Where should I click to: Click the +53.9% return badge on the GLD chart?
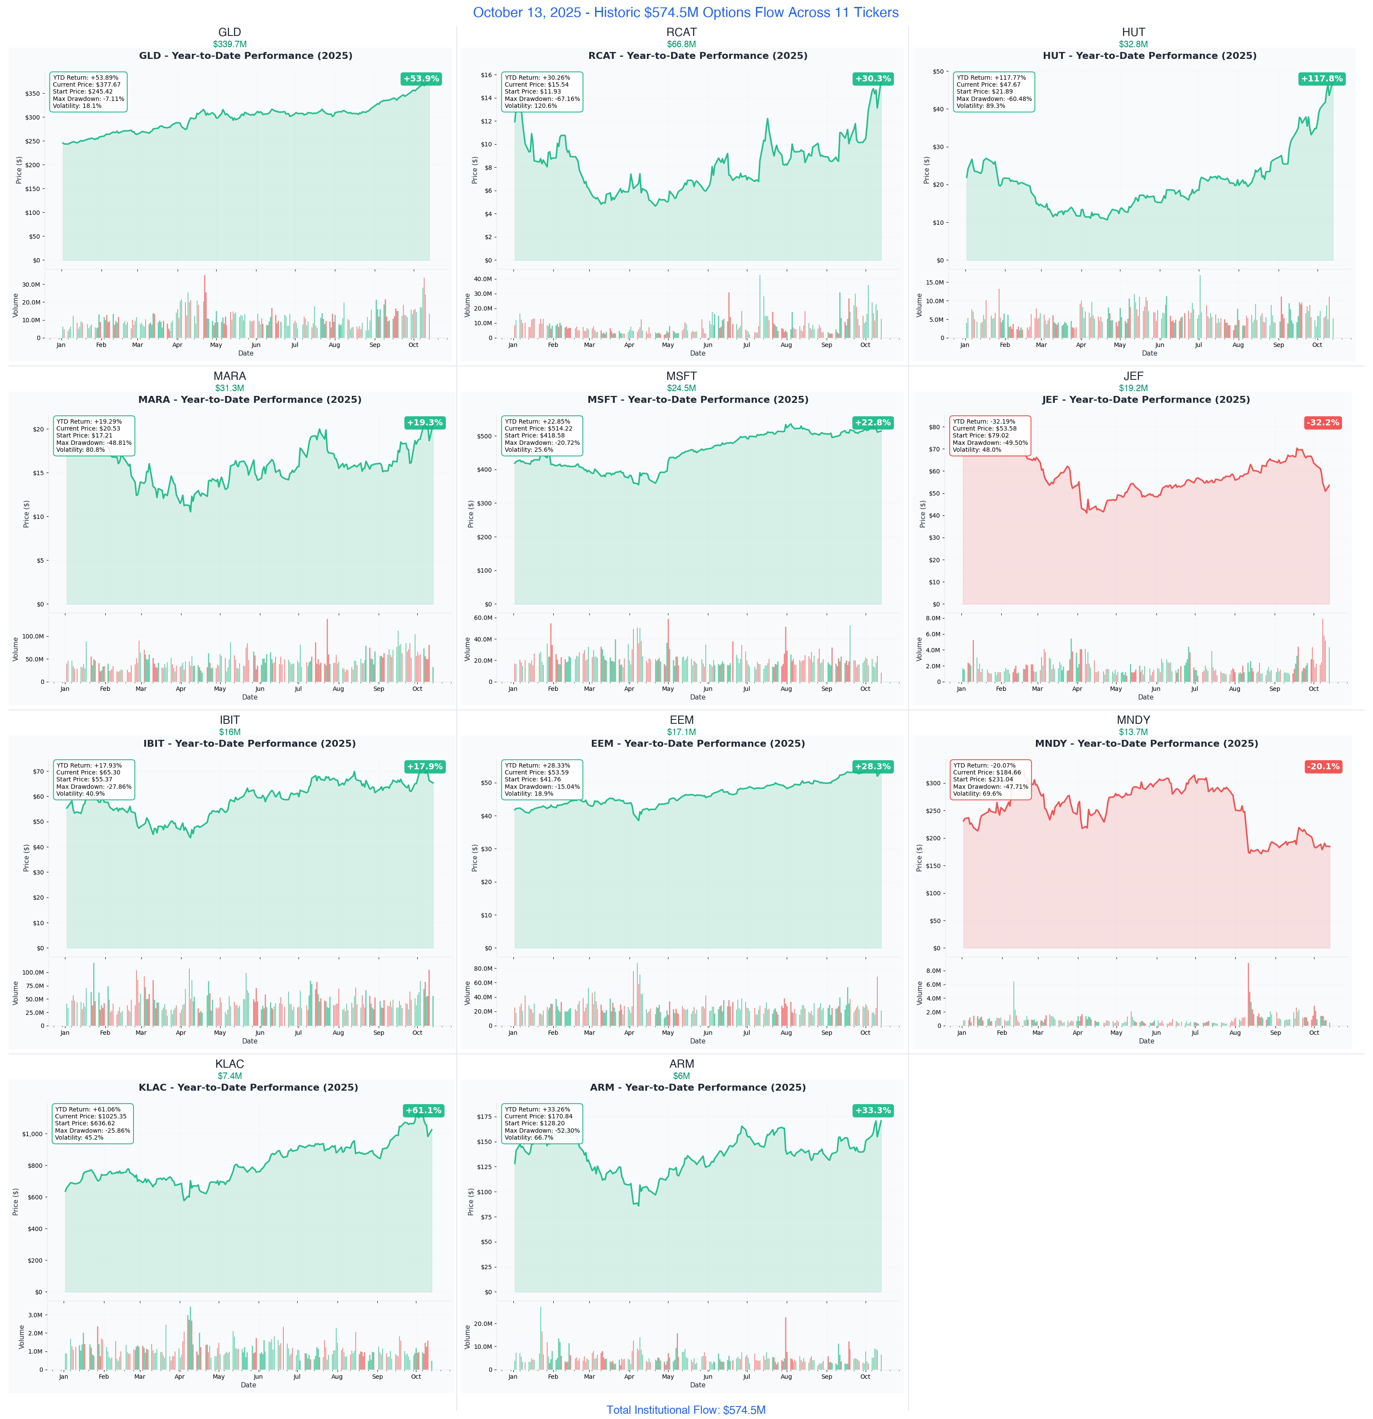click(x=421, y=79)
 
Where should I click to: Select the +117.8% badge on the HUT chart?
click(x=1321, y=79)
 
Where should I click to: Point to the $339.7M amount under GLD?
click(x=230, y=44)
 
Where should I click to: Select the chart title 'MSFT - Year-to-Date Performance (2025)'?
click(x=698, y=400)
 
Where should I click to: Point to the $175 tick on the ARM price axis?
click(x=484, y=1116)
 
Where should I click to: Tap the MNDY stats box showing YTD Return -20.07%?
click(x=990, y=780)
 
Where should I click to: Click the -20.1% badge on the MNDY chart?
click(x=1323, y=767)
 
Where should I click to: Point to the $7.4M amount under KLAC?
click(x=230, y=1076)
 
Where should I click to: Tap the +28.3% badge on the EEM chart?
click(x=873, y=767)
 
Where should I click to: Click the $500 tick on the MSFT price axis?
click(x=484, y=436)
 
